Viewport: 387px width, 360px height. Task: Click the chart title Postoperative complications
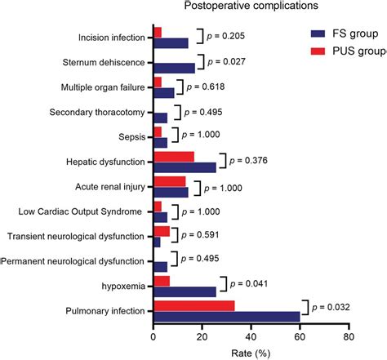[x=251, y=6]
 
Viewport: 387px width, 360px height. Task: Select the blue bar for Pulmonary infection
[x=227, y=317]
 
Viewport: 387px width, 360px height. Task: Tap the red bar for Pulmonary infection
[x=194, y=306]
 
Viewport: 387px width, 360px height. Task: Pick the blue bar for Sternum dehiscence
[x=175, y=68]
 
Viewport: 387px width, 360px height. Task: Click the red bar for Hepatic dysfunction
[x=174, y=157]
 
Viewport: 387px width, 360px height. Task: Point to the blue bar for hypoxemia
[x=185, y=291]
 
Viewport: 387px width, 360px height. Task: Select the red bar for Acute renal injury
[x=170, y=181]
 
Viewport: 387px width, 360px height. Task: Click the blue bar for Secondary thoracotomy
[x=161, y=118]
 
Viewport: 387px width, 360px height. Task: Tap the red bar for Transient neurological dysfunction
[x=162, y=231]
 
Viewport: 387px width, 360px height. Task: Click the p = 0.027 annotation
[x=226, y=62]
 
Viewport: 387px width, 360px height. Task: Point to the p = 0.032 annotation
[x=331, y=307]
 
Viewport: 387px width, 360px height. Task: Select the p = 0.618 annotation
[x=206, y=87]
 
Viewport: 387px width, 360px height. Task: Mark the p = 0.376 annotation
[x=248, y=160]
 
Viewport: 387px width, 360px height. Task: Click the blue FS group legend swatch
[x=318, y=33]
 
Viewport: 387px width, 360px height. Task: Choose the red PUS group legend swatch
[x=318, y=51]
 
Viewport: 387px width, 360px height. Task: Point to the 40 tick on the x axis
[x=251, y=337]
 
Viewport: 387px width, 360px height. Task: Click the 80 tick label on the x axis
[x=349, y=337]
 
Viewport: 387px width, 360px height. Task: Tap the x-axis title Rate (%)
[x=251, y=353]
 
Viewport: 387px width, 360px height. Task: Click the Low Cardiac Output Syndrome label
[x=80, y=211]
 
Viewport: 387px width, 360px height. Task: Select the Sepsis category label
[x=132, y=137]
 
